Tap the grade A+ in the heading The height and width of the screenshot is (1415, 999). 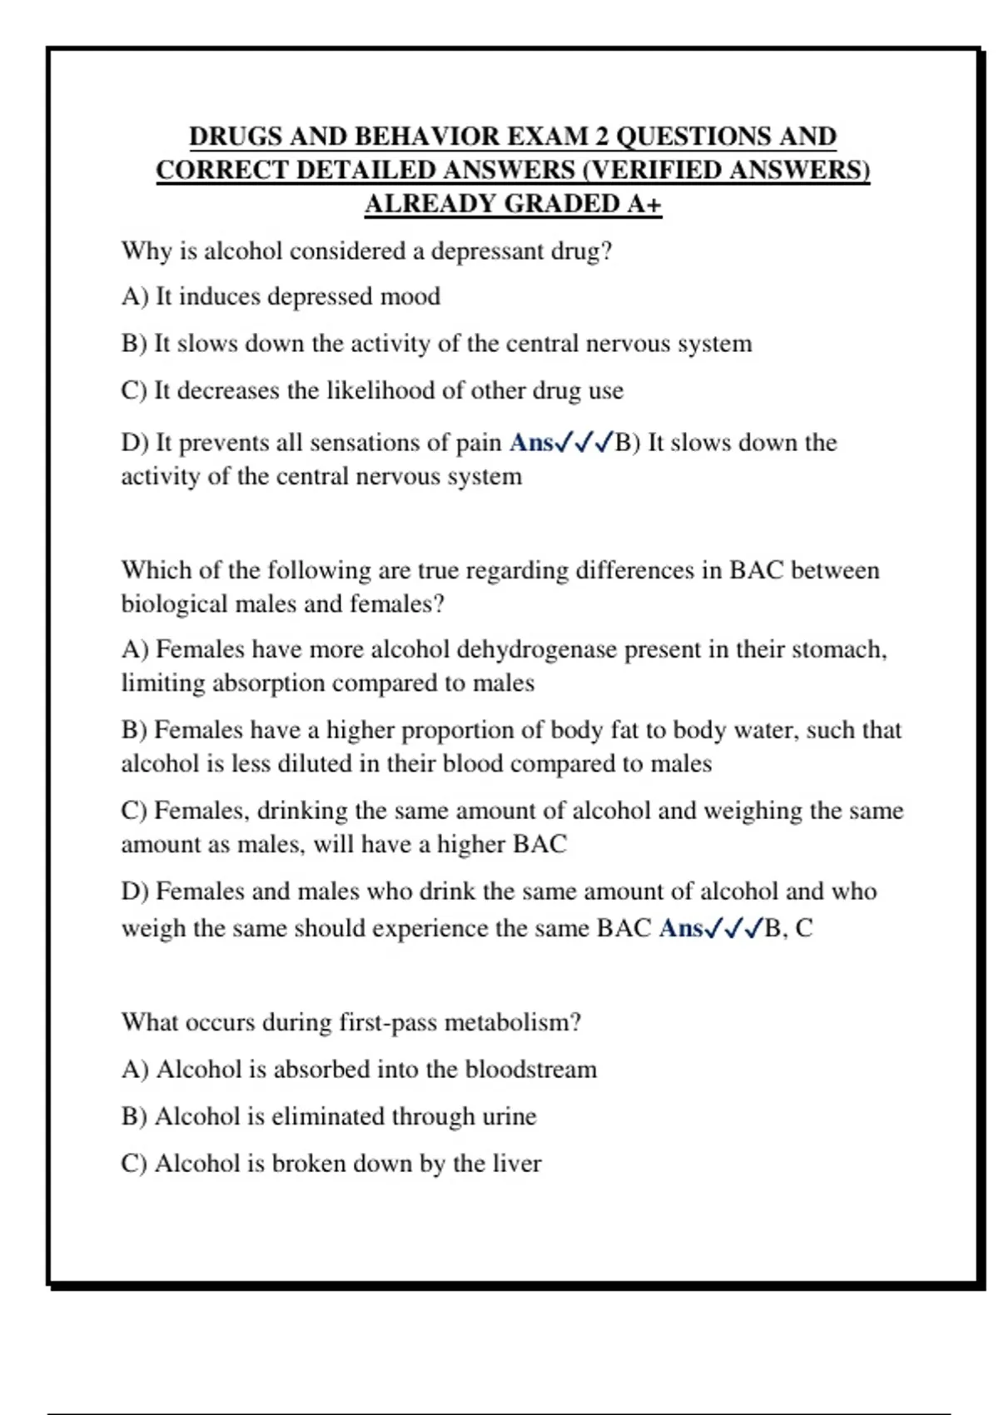(x=644, y=204)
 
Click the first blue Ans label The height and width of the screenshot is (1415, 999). (x=531, y=443)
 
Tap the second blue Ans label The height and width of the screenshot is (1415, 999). (x=681, y=928)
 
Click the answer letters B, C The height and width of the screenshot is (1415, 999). (x=789, y=928)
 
